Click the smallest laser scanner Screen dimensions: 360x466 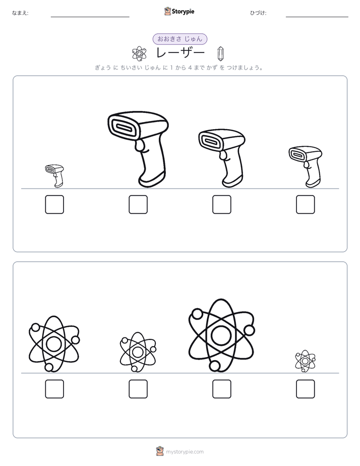click(54, 176)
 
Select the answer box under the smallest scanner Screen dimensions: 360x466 click(54, 204)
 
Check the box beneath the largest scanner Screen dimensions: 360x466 click(138, 204)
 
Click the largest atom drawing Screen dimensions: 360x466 click(221, 335)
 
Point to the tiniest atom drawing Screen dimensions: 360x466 click(306, 361)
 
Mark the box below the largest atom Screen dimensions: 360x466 click(222, 389)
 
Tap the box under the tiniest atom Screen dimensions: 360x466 click(306, 389)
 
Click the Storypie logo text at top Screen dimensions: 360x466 click(183, 12)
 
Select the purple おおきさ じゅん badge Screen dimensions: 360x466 click(179, 39)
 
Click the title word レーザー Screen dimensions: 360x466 click(181, 53)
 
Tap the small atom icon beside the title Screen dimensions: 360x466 click(139, 54)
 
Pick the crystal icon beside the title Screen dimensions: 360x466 click(221, 54)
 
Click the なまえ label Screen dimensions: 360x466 click(20, 13)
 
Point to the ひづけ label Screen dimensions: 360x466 click(258, 13)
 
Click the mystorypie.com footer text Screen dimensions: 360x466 click(185, 452)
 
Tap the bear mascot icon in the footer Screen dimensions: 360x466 click(160, 451)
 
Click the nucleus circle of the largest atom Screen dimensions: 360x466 click(221, 335)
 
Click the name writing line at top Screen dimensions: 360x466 click(90, 17)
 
